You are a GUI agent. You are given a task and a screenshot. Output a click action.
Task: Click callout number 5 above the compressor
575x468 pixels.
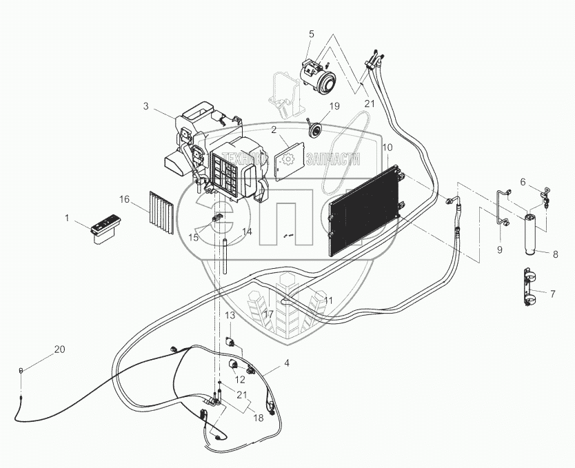point(311,34)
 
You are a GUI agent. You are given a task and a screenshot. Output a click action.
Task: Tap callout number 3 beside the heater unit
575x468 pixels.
point(145,105)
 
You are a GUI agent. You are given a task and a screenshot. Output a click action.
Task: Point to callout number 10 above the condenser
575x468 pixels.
point(387,147)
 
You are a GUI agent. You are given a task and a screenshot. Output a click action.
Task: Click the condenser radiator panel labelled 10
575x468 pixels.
point(364,207)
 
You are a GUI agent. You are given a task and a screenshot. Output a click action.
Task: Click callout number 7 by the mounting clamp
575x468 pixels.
point(552,294)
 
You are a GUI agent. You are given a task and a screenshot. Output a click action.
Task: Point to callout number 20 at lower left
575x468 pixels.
point(59,349)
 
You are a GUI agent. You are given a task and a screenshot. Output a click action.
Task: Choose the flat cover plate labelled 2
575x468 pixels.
point(288,159)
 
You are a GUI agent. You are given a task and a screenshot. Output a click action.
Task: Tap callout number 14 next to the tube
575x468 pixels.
point(247,232)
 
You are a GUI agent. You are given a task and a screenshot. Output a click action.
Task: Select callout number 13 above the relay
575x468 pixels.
point(230,315)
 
